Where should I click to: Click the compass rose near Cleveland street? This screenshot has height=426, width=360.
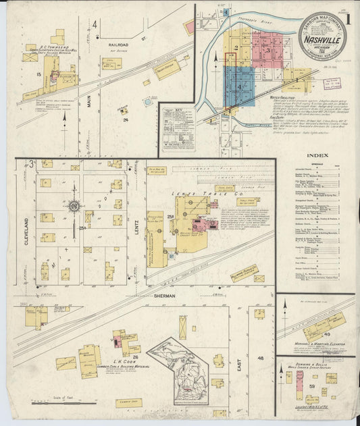pos(75,206)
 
